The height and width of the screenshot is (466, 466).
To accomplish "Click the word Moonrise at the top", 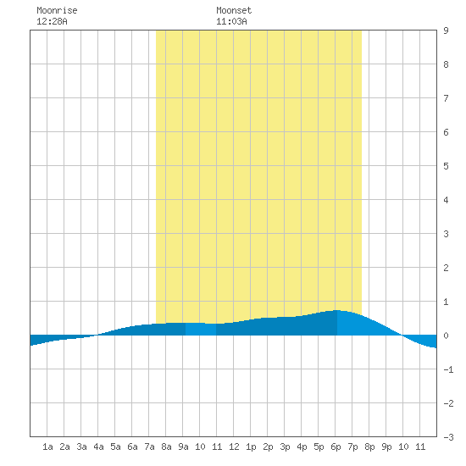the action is tap(57, 10).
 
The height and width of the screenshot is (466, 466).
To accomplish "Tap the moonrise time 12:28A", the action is tap(52, 21).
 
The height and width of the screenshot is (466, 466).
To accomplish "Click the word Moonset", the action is tap(234, 10).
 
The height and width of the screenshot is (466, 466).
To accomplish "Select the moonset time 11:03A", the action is tap(231, 21).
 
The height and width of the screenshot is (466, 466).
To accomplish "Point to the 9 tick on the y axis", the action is tap(446, 31).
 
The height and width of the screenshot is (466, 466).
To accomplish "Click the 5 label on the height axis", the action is tap(446, 166).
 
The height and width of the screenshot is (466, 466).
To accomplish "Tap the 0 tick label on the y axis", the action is tap(446, 336).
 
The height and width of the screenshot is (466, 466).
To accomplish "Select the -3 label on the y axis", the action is tap(448, 437).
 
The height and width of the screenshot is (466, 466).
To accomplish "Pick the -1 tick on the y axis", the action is tap(448, 369).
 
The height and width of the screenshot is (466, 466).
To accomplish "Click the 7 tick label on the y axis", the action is tap(446, 98).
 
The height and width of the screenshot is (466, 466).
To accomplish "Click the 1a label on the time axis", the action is tap(47, 447).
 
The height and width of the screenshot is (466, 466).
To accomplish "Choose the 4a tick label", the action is tap(98, 447).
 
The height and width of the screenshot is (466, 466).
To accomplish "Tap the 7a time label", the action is tap(149, 447).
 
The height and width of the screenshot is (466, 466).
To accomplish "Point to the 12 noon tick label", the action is tap(234, 447).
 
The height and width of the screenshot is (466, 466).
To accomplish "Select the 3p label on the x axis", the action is tap(285, 447).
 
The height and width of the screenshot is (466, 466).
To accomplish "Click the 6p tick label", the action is tap(336, 447).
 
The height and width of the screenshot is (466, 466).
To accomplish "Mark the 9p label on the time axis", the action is tap(386, 447).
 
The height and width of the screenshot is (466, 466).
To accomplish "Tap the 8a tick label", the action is tap(166, 447).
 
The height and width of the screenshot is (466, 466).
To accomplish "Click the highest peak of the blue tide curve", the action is tap(337, 310).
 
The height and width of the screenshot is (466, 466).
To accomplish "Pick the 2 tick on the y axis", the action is tap(446, 268).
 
